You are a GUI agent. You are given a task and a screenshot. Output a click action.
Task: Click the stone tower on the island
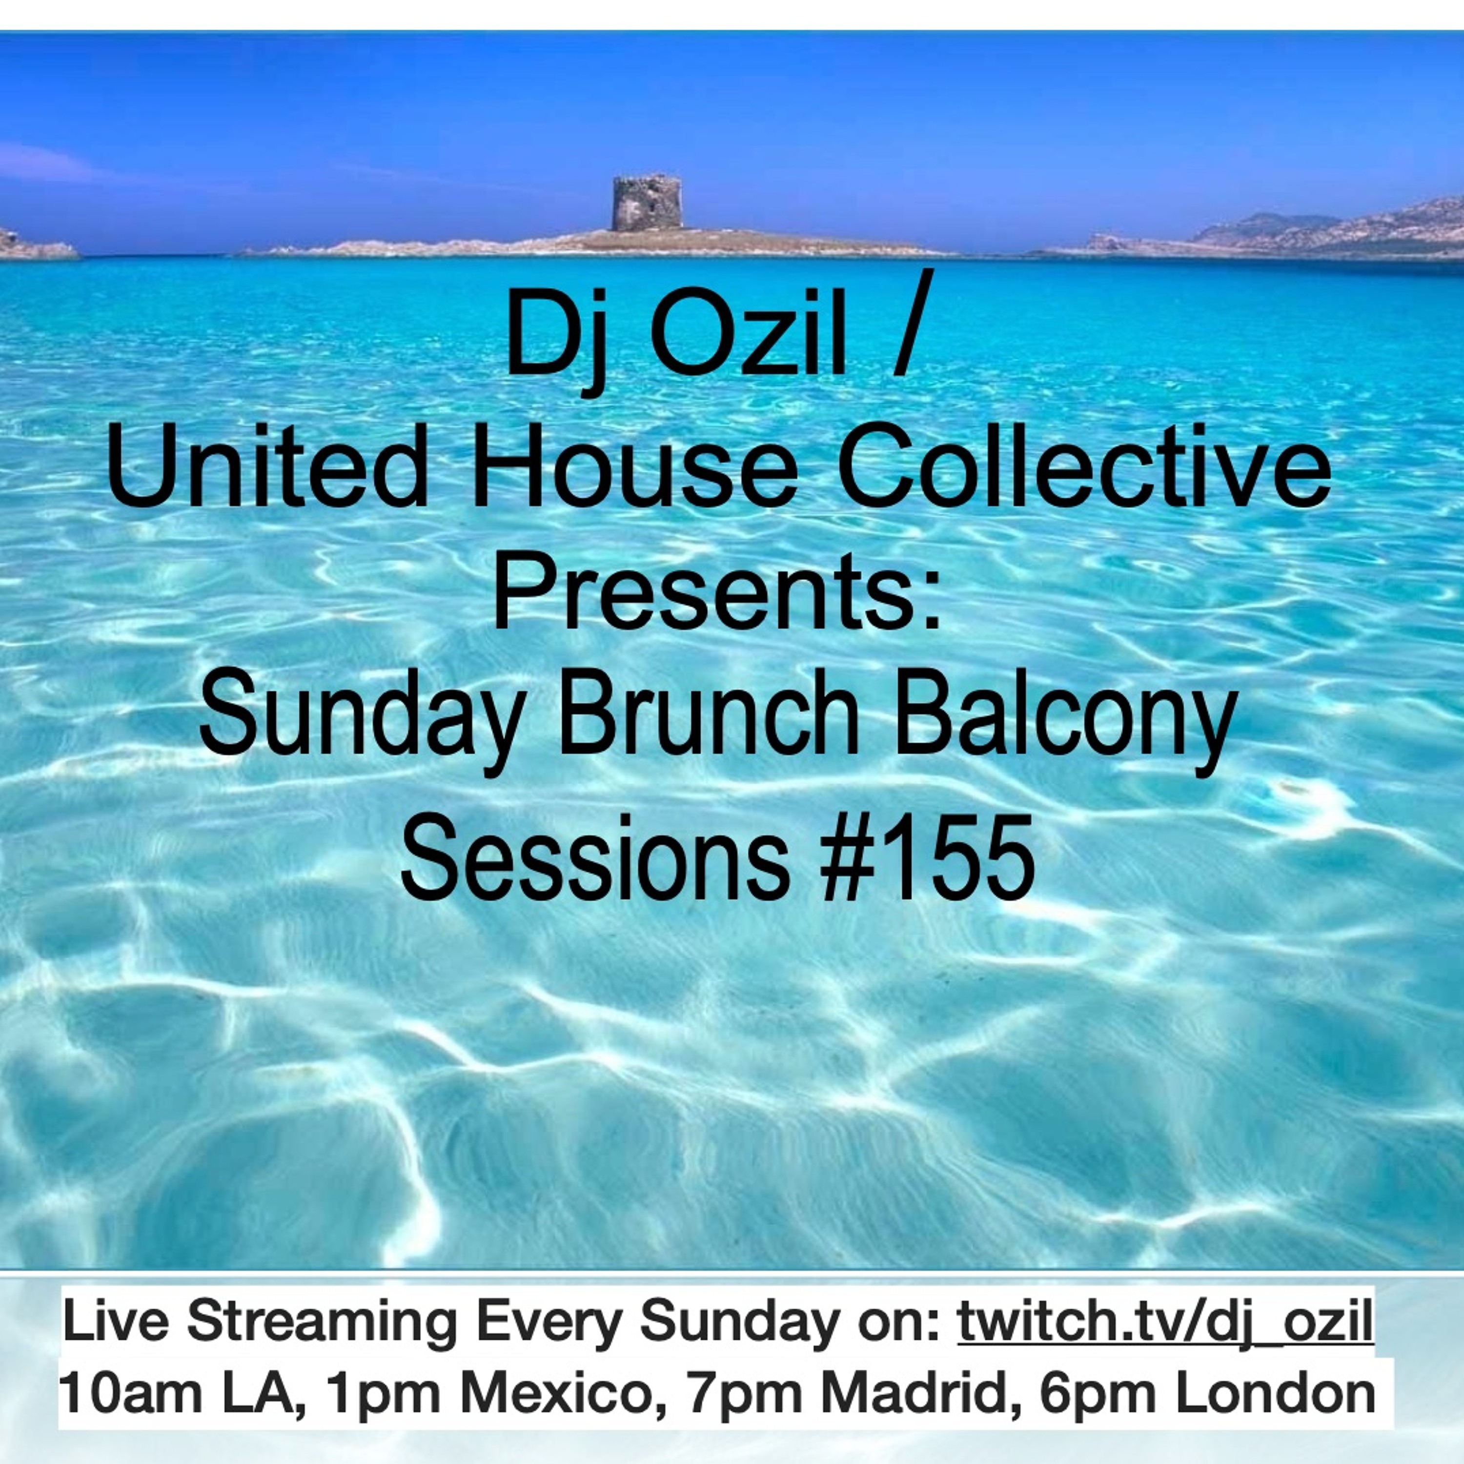click(647, 203)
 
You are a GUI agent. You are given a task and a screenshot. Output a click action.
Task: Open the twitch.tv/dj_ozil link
click(1165, 1323)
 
